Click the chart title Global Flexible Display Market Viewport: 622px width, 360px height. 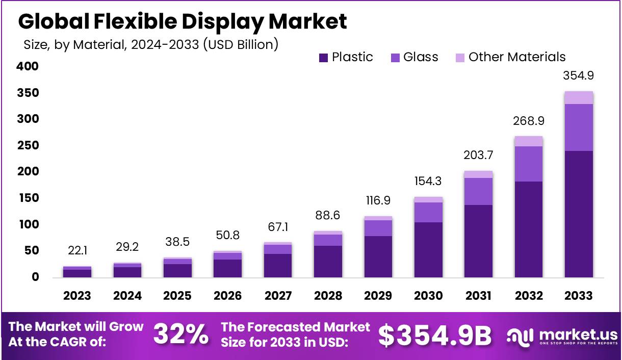pos(183,21)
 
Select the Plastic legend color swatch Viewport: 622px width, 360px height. pos(323,58)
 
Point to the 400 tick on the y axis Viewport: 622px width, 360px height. pos(28,66)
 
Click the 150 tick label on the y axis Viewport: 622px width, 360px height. pos(28,198)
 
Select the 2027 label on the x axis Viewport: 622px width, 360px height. pos(278,296)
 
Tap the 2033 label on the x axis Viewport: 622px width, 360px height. pos(579,296)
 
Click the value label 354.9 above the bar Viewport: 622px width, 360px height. pos(579,76)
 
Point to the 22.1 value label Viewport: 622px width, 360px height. pos(77,250)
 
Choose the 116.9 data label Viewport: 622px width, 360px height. pos(378,200)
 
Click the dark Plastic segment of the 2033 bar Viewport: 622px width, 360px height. pos(579,214)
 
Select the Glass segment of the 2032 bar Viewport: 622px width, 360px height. pos(529,164)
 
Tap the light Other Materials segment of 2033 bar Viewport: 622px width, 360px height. pos(579,97)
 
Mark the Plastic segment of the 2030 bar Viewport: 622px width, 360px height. pos(428,250)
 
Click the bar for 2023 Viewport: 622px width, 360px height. pos(77,272)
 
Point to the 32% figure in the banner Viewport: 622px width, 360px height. pos(181,335)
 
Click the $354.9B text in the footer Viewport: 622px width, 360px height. pos(435,335)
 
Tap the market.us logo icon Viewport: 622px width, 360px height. pos(520,336)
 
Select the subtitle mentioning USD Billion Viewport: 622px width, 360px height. pos(151,44)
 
